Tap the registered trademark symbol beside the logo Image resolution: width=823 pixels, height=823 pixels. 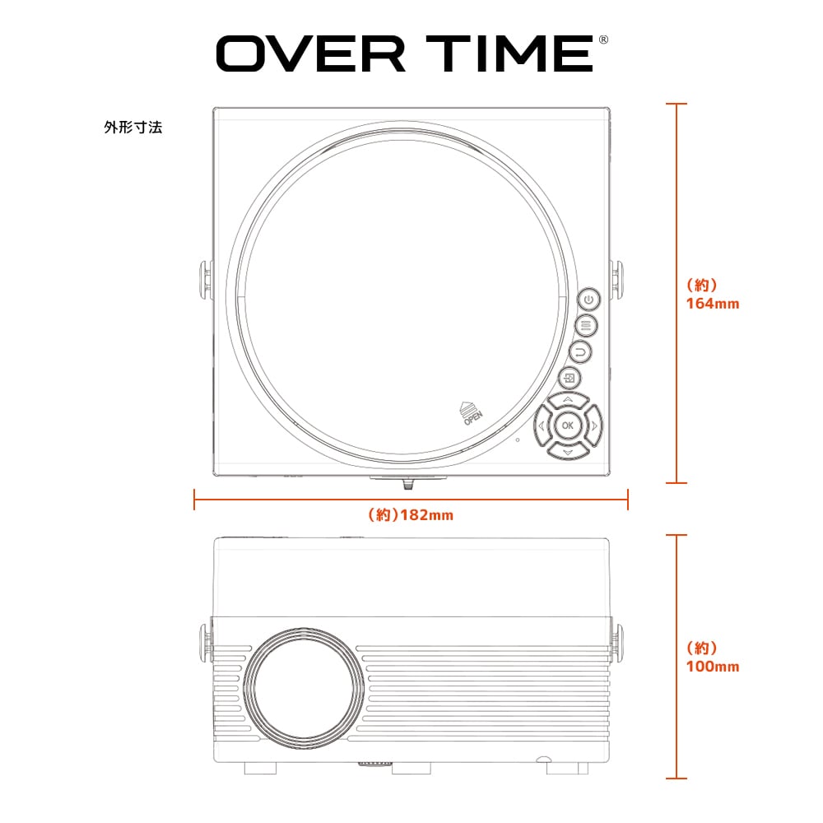603,40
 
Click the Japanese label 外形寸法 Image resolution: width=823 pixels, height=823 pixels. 133,127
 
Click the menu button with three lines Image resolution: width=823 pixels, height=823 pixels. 586,326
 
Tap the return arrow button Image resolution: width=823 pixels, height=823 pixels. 580,352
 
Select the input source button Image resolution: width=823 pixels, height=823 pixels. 570,378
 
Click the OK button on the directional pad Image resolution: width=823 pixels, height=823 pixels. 567,425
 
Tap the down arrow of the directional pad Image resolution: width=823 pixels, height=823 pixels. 567,450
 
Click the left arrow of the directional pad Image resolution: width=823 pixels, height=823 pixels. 542,425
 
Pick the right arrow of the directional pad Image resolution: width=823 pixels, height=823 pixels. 593,425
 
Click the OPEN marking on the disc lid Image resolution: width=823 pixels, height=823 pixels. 472,414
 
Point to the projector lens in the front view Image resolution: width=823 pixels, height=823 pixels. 305,684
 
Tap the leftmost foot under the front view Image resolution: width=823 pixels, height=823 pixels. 260,767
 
